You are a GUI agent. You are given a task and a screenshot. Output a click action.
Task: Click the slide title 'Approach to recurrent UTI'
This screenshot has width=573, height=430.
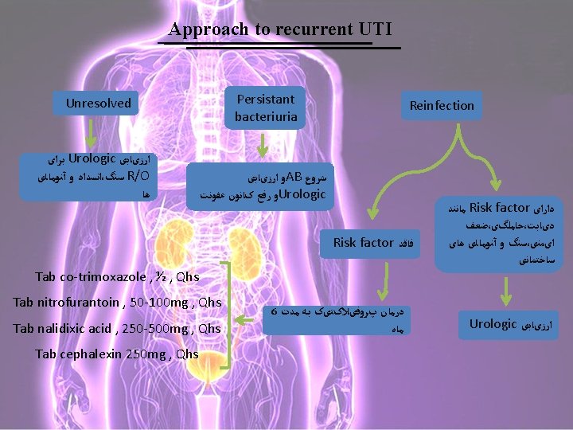(280, 29)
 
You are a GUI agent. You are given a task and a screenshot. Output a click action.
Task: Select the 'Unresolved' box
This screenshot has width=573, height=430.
(98, 103)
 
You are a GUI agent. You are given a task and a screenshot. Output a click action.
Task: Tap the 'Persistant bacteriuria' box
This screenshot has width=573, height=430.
(265, 107)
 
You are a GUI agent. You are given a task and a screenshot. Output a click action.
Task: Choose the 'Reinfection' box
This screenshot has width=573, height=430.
(441, 105)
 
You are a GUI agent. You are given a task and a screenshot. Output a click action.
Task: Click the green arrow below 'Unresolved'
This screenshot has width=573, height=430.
(94, 132)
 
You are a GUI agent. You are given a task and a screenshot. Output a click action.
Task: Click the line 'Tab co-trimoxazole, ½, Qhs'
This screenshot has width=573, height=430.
(117, 277)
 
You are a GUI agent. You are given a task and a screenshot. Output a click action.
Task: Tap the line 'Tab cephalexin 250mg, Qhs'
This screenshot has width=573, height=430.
(117, 354)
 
